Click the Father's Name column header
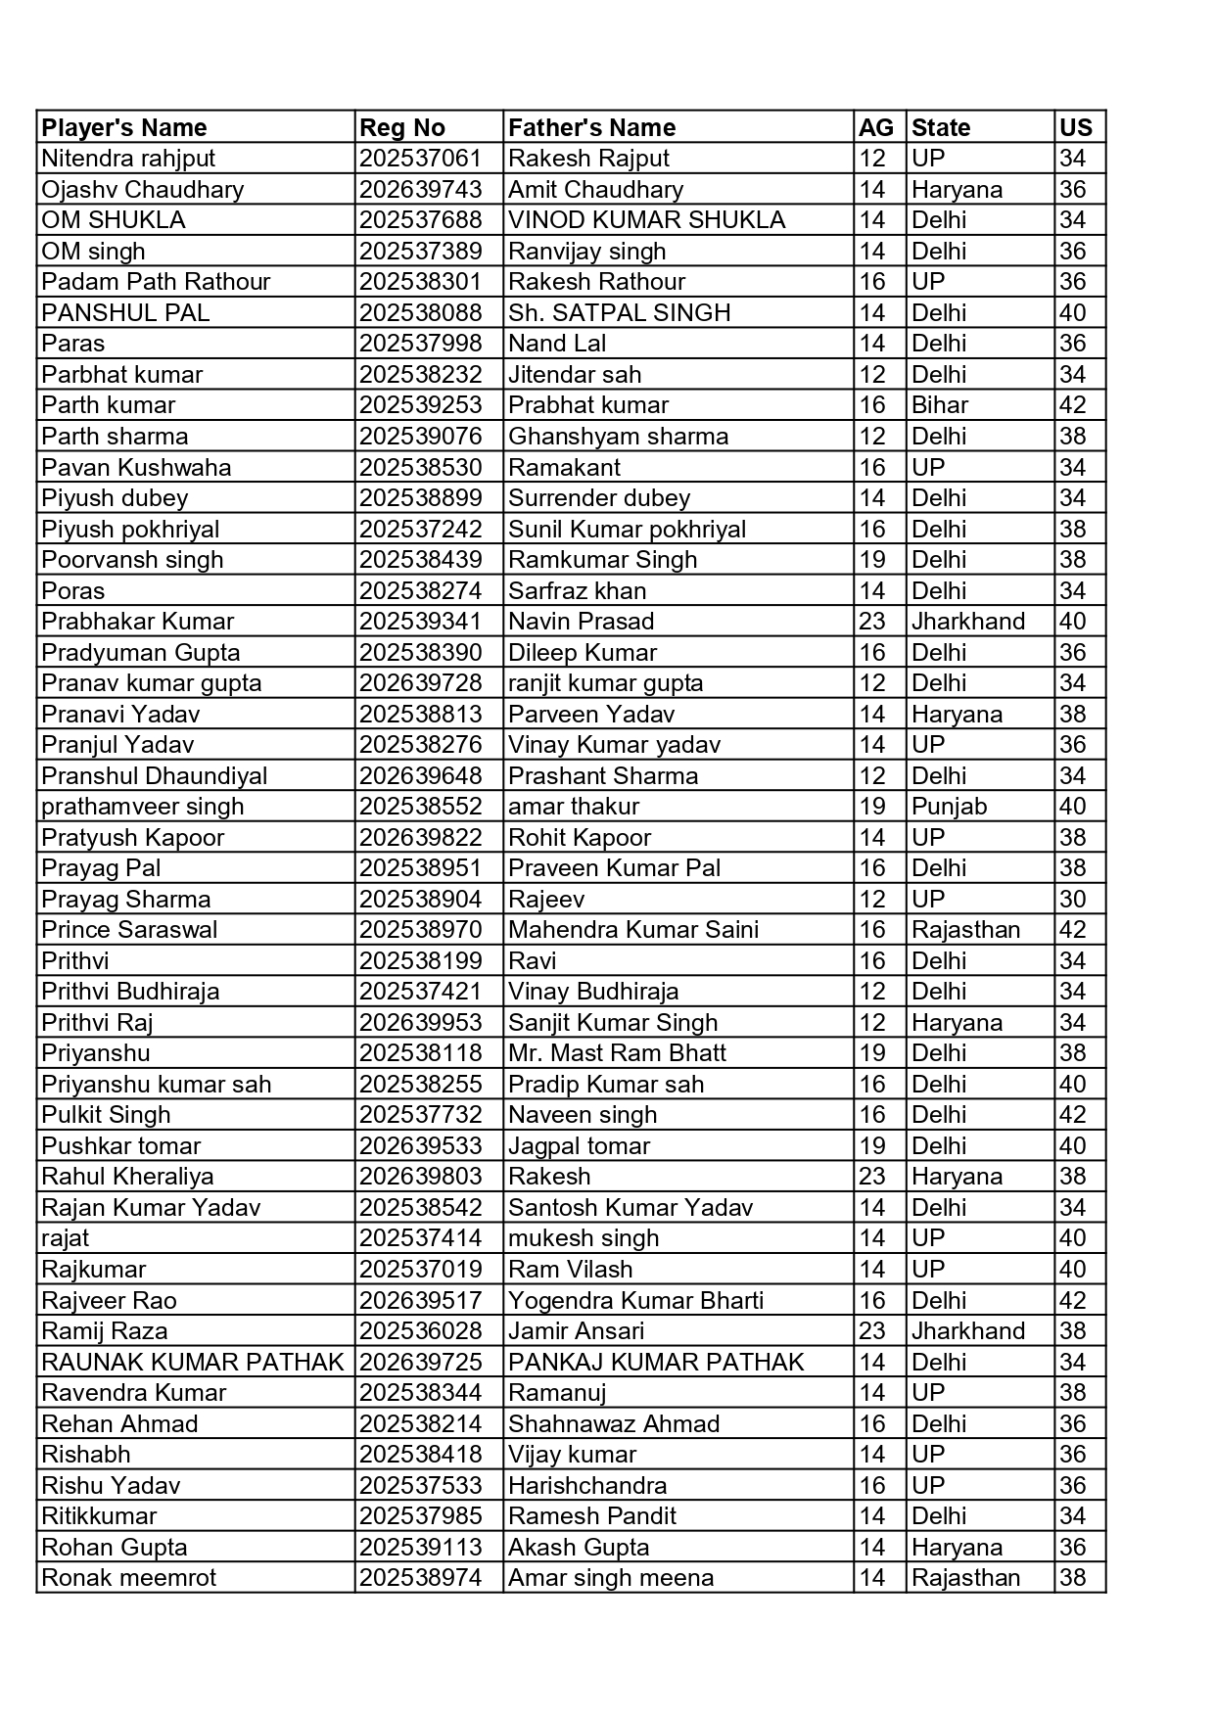[x=591, y=127]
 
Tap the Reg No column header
[x=402, y=127]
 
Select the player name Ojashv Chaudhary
[x=142, y=189]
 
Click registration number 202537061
[x=420, y=159]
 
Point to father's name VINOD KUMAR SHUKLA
[x=646, y=220]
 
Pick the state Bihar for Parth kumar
[x=939, y=405]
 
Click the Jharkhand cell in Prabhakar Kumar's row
[x=967, y=622]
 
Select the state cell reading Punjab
[x=949, y=807]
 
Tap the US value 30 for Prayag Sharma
[x=1072, y=899]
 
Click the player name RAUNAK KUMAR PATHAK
[x=193, y=1362]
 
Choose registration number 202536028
[x=420, y=1331]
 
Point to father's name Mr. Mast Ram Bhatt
[x=617, y=1053]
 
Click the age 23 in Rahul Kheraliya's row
[x=871, y=1177]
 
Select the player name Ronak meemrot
[x=128, y=1578]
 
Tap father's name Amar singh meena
[x=611, y=1578]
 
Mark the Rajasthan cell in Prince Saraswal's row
[x=965, y=930]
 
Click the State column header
[x=940, y=127]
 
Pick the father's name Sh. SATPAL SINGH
[x=619, y=312]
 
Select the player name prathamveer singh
[x=142, y=807]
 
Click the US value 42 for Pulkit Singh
[x=1072, y=1115]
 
